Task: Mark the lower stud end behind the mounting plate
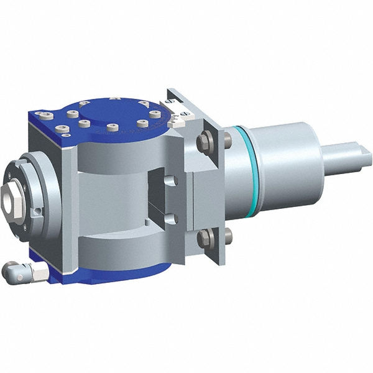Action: [x=228, y=235]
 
